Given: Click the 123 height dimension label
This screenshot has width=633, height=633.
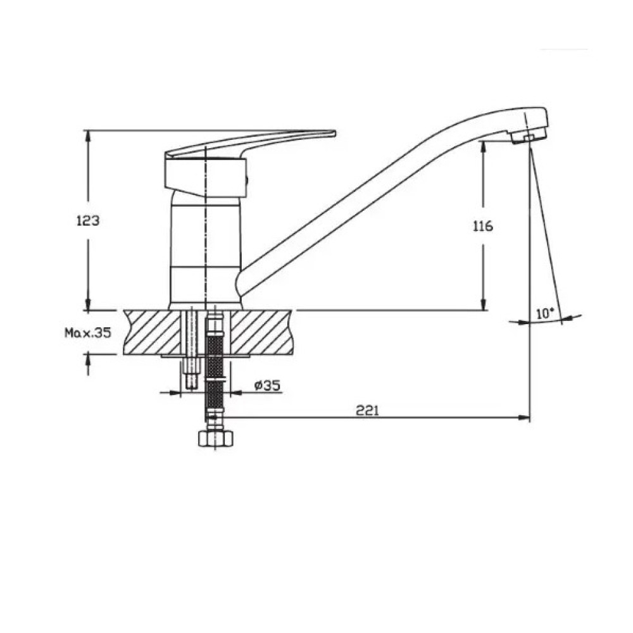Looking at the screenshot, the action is (88, 221).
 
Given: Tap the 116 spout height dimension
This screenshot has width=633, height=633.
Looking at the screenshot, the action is (483, 226).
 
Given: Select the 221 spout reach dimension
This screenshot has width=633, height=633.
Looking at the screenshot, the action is (367, 410).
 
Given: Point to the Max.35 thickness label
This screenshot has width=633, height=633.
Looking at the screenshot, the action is (87, 333).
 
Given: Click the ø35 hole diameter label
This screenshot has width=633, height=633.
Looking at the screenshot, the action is (267, 385).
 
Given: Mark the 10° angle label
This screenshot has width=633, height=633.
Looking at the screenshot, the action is (546, 313).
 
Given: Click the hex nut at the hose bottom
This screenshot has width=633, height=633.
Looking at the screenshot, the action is (216, 438).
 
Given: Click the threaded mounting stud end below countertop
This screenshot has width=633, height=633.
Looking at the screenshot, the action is (192, 381).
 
